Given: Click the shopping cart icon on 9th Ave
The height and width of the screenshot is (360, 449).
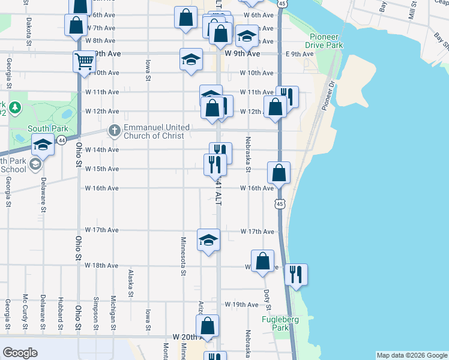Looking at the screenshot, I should tap(84, 61).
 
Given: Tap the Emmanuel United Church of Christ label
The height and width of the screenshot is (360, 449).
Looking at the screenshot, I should tap(157, 131).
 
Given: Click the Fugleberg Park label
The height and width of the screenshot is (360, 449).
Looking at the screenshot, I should tap(277, 323).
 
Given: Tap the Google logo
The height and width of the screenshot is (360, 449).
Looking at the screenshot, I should tap(20, 353).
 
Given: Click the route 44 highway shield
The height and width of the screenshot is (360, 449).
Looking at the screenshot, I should tap(61, 140).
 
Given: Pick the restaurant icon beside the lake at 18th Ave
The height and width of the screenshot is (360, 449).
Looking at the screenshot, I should tap(296, 274).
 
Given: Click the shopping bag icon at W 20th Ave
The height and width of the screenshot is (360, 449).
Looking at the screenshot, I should tap(207, 326).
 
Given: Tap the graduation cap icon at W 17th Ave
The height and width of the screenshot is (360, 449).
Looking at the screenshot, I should tap(208, 240).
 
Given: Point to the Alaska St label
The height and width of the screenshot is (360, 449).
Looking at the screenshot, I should tap(130, 283).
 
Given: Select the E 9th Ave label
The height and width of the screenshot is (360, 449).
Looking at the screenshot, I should tap(300, 54).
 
